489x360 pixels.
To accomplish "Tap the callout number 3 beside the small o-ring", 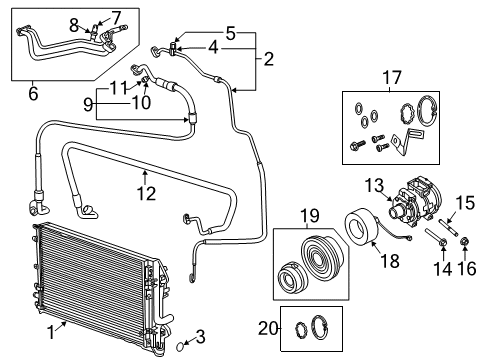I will [x=201, y=334].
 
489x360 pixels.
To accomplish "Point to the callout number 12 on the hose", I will [x=146, y=193].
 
